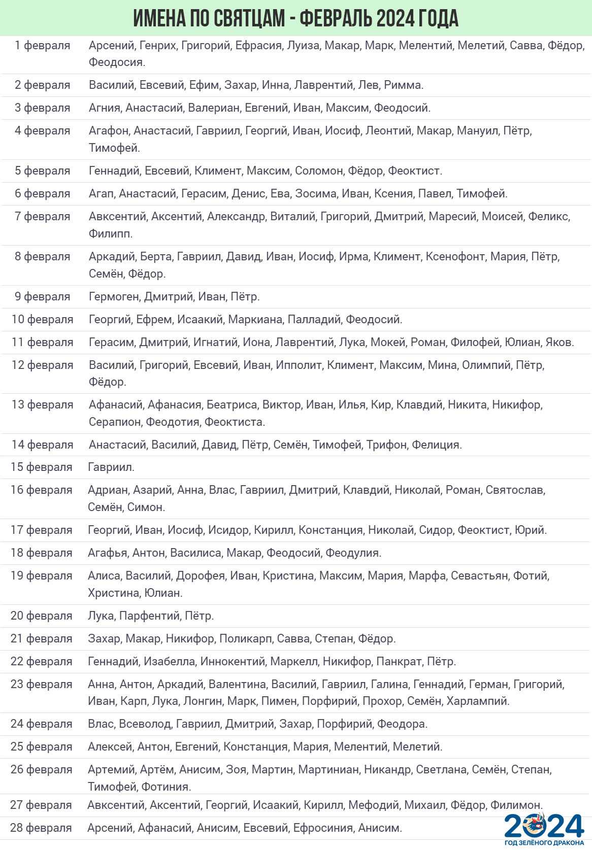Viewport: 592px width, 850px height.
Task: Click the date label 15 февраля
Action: (42, 467)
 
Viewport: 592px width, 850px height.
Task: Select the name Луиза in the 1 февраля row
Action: (303, 45)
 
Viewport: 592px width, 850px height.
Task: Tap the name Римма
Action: (404, 85)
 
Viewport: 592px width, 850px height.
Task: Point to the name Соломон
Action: (319, 171)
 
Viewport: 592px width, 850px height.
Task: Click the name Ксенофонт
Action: (455, 256)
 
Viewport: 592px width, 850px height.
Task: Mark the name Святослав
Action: (515, 490)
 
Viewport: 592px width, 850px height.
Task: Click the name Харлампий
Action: (478, 701)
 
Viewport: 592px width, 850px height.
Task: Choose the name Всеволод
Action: (145, 724)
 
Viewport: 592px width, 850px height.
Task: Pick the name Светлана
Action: (441, 769)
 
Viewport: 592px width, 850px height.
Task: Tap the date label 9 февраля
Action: (43, 296)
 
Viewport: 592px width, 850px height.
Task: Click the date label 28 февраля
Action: (41, 828)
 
